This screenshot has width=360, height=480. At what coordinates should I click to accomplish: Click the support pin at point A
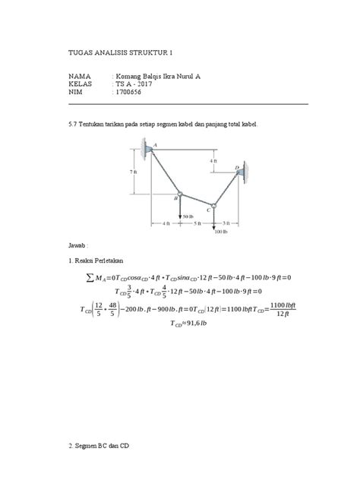[x=149, y=150]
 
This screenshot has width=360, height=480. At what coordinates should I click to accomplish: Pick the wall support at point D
[x=242, y=173]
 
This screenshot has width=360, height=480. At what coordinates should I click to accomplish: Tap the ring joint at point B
[x=180, y=193]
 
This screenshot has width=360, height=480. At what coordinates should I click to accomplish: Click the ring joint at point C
[x=215, y=204]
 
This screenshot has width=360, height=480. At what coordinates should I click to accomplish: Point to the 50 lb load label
[x=187, y=216]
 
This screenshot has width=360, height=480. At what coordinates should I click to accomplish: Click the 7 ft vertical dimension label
[x=134, y=172]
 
